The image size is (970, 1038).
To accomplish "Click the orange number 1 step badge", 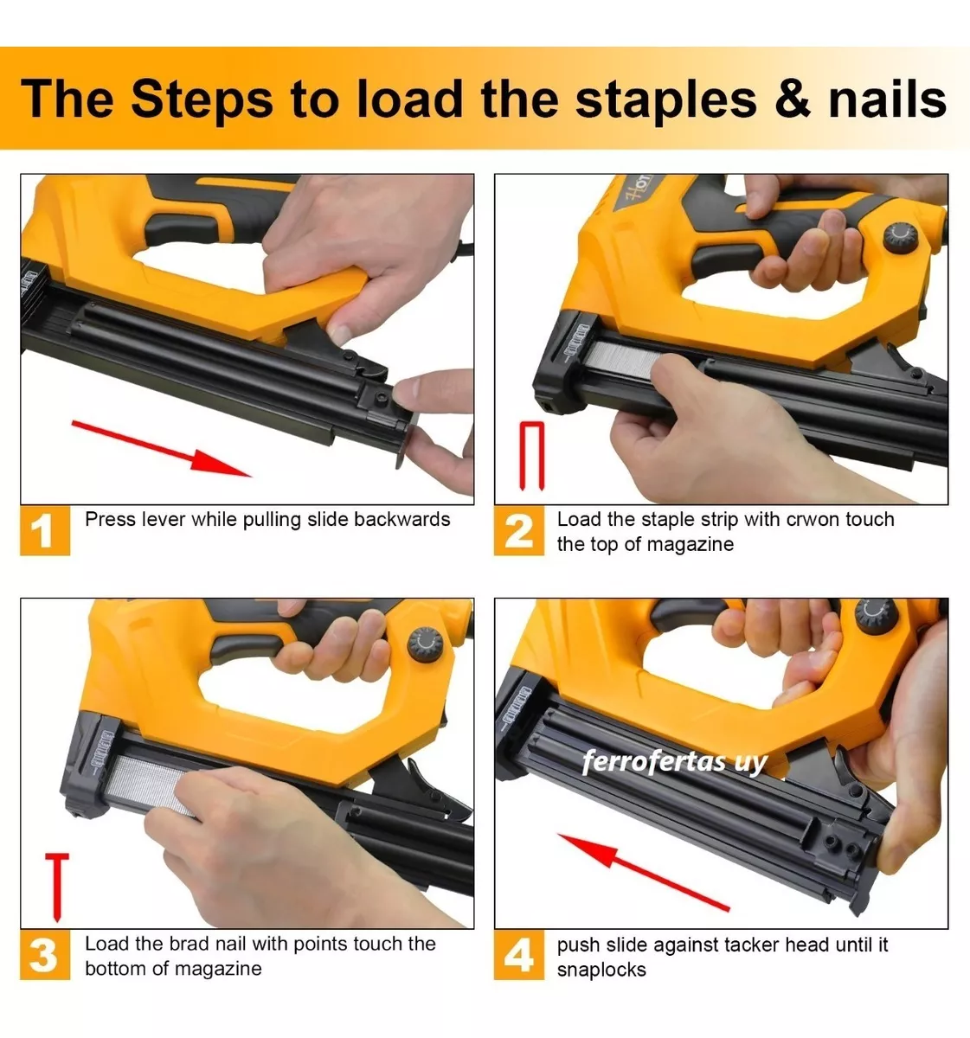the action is (x=45, y=530).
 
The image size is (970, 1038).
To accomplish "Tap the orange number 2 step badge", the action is (x=518, y=530).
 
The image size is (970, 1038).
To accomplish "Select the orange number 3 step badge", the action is (x=45, y=954).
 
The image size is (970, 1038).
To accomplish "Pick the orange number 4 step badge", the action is (x=518, y=954).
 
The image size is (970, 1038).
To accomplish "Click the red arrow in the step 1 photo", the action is (x=161, y=448).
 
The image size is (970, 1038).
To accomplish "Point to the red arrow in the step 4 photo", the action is (x=643, y=872).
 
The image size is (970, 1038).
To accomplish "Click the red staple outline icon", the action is (x=532, y=456).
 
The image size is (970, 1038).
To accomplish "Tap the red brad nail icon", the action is (x=57, y=887).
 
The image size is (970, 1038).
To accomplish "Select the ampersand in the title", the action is (x=793, y=99).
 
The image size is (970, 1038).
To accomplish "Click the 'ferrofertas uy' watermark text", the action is (x=675, y=761).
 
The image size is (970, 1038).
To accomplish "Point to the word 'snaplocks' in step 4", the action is (x=601, y=970).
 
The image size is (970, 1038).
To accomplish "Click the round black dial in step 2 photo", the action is (x=901, y=239).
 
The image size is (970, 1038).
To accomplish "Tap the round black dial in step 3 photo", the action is (x=425, y=645).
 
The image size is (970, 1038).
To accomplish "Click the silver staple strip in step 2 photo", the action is (x=622, y=359).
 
